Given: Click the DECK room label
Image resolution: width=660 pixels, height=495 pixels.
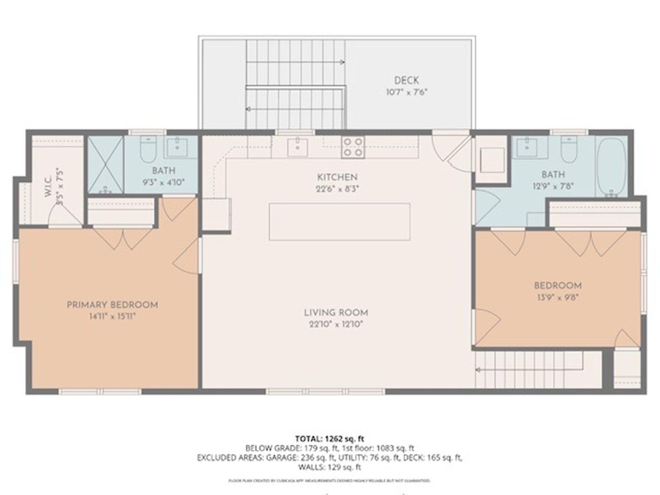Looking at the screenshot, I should pyautogui.click(x=406, y=80).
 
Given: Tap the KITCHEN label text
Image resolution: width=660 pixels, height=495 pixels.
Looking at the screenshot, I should pyautogui.click(x=337, y=177).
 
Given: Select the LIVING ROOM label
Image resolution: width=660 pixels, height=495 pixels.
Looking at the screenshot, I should pyautogui.click(x=336, y=313).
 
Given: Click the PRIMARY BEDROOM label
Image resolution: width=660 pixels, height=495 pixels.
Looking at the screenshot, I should pyautogui.click(x=112, y=305).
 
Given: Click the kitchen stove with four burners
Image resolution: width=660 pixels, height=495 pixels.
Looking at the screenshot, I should pyautogui.click(x=353, y=147).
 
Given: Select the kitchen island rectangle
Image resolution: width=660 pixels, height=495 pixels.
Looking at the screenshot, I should pyautogui.click(x=339, y=222).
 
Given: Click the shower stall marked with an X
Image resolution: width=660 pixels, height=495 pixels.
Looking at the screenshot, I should pyautogui.click(x=105, y=165).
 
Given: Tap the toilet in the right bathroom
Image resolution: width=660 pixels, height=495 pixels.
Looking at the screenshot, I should pyautogui.click(x=569, y=149).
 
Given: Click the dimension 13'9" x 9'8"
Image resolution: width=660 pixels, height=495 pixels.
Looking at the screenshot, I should pyautogui.click(x=557, y=297).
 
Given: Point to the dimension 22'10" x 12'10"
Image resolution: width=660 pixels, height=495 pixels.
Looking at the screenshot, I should pyautogui.click(x=336, y=324).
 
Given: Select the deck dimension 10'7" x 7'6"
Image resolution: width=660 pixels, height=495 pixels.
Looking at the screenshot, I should pyautogui.click(x=406, y=92).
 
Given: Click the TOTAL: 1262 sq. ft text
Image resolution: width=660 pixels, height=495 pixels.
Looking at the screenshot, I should pyautogui.click(x=330, y=438).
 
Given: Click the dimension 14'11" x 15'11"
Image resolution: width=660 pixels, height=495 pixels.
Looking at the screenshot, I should pyautogui.click(x=112, y=316).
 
